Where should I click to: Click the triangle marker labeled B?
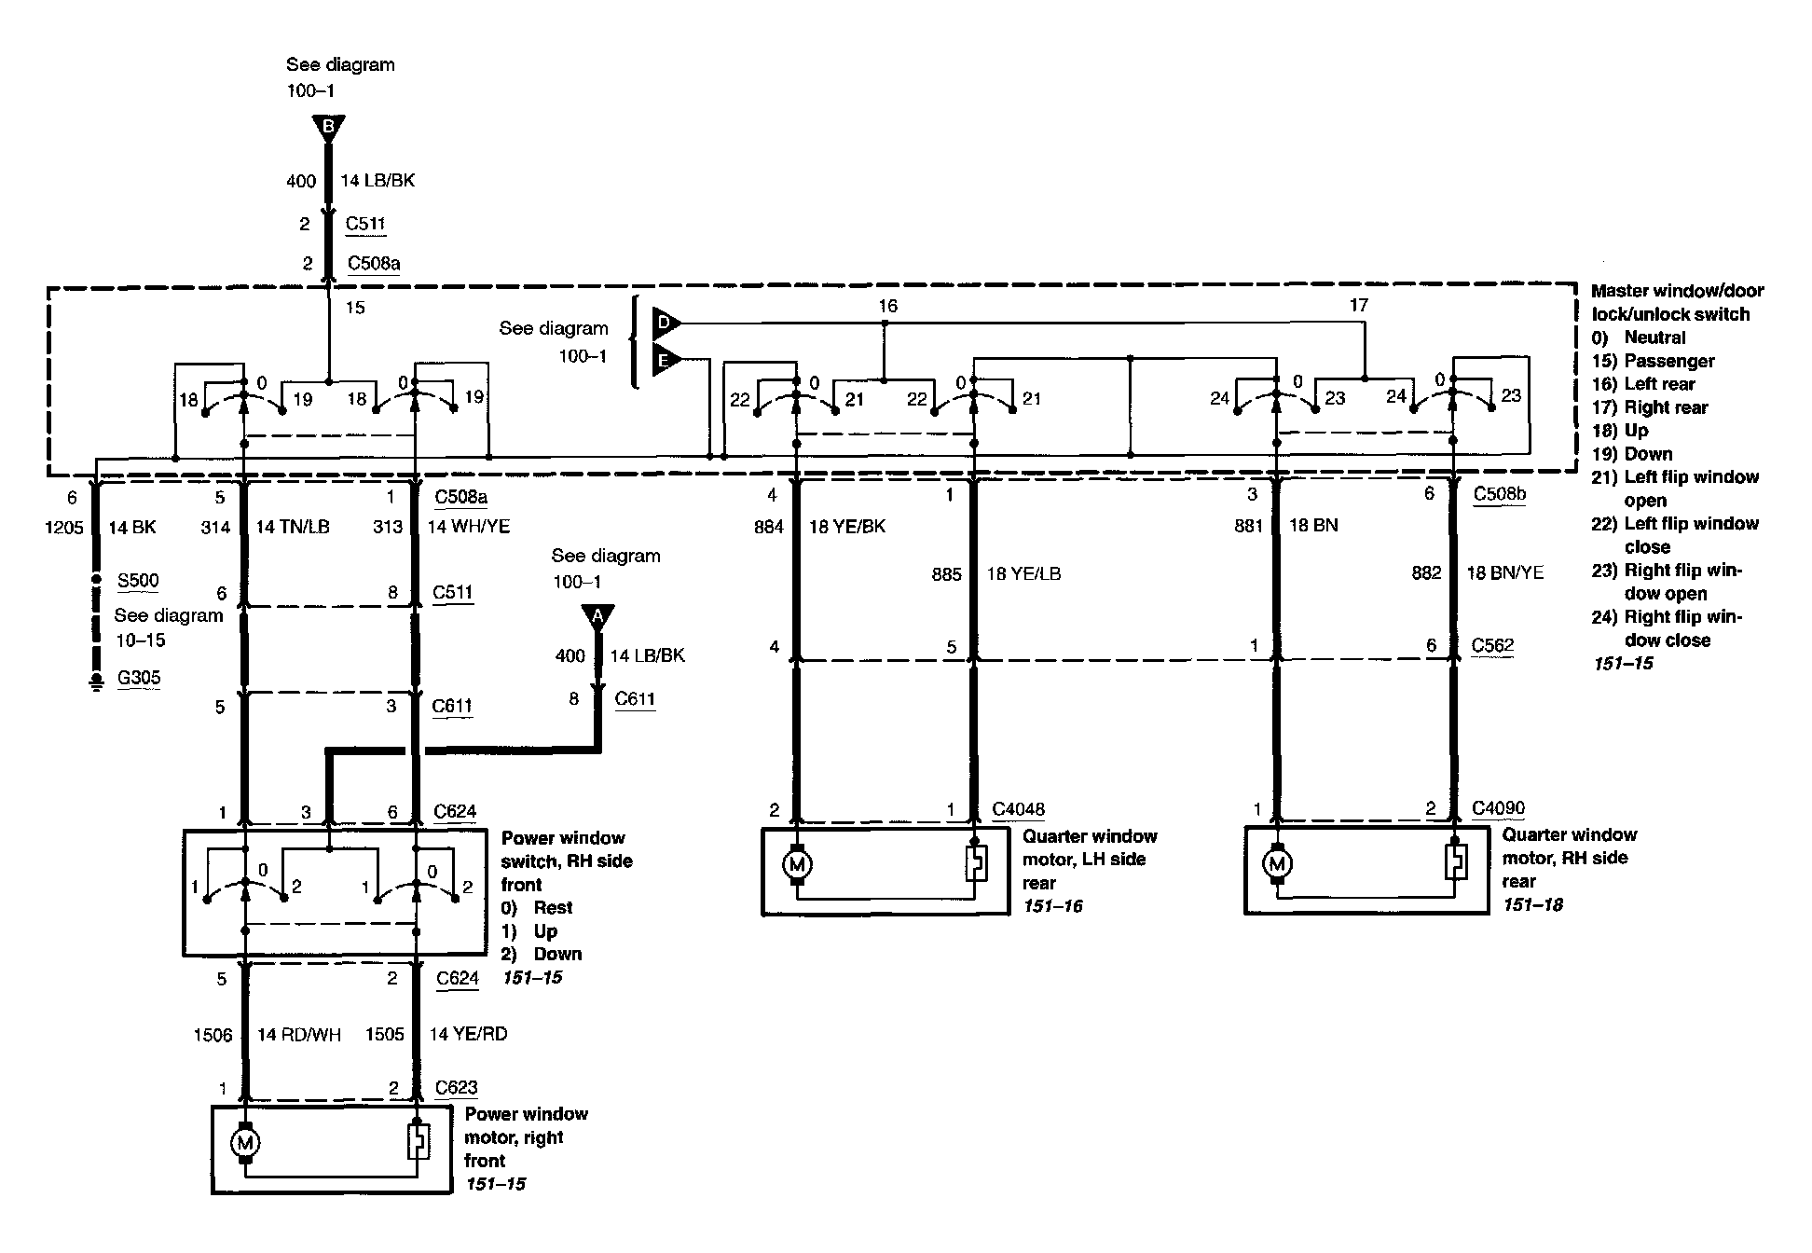[328, 127]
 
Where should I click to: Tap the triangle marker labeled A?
[597, 616]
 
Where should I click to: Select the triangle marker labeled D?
[666, 324]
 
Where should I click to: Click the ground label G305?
[139, 678]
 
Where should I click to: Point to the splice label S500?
[138, 581]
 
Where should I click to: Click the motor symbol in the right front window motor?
[245, 1143]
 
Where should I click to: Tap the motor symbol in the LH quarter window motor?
[797, 865]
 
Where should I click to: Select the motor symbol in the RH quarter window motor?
[1277, 864]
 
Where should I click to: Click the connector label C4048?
[1018, 809]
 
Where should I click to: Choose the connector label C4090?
[1499, 808]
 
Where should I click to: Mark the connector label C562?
[1492, 645]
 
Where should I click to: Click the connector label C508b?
[1500, 494]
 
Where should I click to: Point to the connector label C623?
[457, 1087]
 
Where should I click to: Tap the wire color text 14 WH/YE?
[469, 527]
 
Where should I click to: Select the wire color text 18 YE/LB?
[1023, 574]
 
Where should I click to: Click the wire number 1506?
[213, 1035]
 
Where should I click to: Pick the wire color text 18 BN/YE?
[1505, 573]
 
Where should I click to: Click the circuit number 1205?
[64, 528]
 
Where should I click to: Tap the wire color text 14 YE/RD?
[468, 1034]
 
